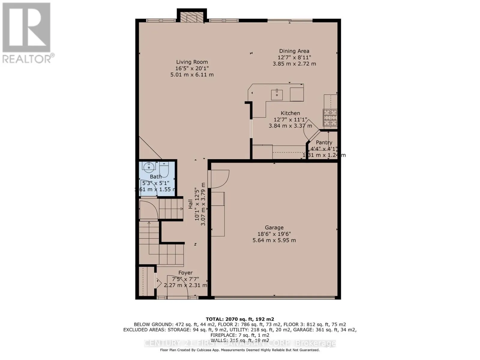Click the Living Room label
(192, 62)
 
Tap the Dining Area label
(294, 51)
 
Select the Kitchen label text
(290, 113)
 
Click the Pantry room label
(324, 142)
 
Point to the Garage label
(274, 228)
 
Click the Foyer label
(185, 273)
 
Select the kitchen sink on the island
(277, 95)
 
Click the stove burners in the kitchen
(330, 118)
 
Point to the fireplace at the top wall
(192, 18)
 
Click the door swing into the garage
(219, 179)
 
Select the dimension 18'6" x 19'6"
(274, 234)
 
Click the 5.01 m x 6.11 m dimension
(192, 75)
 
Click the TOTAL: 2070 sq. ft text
(240, 319)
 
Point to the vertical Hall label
(190, 204)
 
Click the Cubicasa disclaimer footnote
(240, 350)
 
